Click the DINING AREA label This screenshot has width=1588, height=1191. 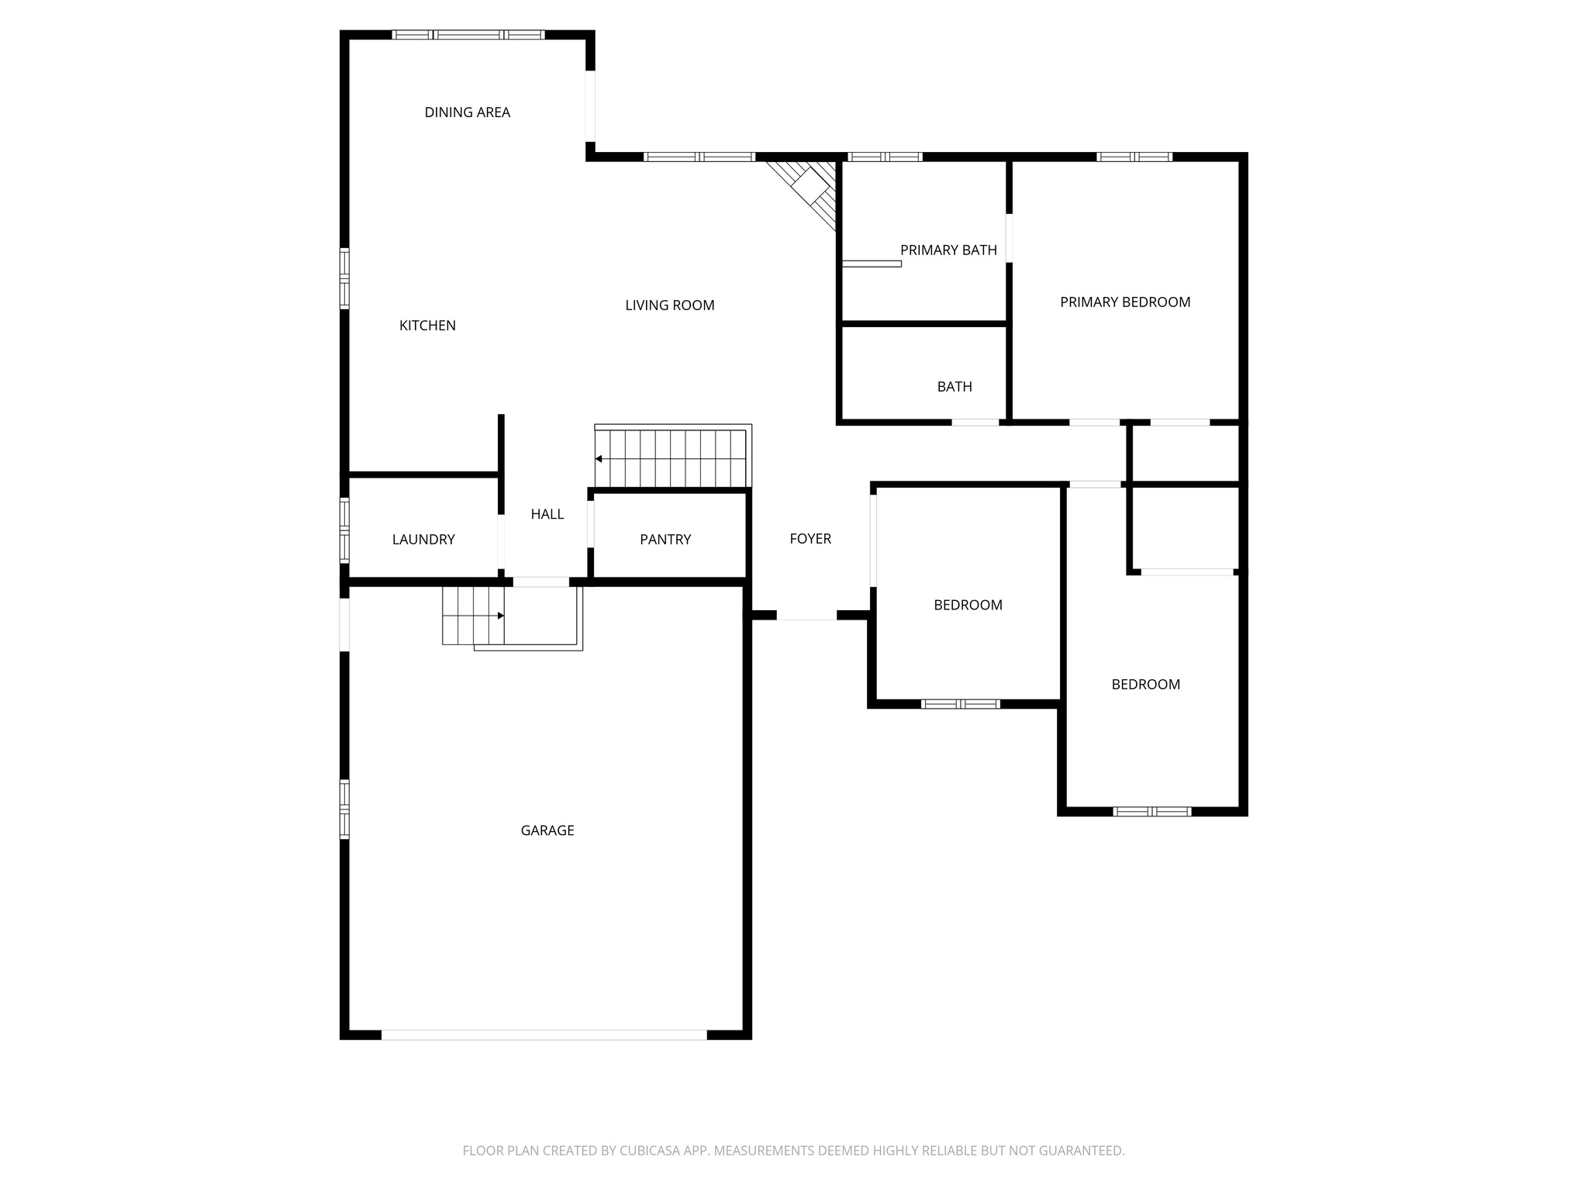[x=467, y=112]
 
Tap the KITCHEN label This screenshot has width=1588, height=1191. [x=427, y=326]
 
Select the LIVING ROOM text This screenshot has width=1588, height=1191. [x=669, y=306]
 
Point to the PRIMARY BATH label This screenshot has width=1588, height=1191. [x=948, y=250]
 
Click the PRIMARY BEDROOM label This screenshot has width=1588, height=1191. [x=1124, y=302]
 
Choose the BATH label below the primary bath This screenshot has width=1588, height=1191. [x=954, y=387]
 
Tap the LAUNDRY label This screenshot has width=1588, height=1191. [x=423, y=540]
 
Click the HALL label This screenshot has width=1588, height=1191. [x=547, y=514]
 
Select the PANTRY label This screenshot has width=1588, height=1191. [x=665, y=540]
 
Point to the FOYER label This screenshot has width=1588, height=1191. [x=810, y=539]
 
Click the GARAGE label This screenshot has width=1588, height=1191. [x=547, y=830]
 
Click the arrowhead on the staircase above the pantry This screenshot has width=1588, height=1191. [x=599, y=459]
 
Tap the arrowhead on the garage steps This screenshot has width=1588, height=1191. [x=501, y=616]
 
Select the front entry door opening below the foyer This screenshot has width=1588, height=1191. [x=806, y=616]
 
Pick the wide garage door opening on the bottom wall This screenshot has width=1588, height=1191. [x=544, y=1034]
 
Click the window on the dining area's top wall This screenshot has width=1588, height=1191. [x=468, y=35]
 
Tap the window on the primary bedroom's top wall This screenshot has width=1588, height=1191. [x=1134, y=157]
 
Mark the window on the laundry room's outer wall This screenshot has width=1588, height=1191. [x=344, y=529]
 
